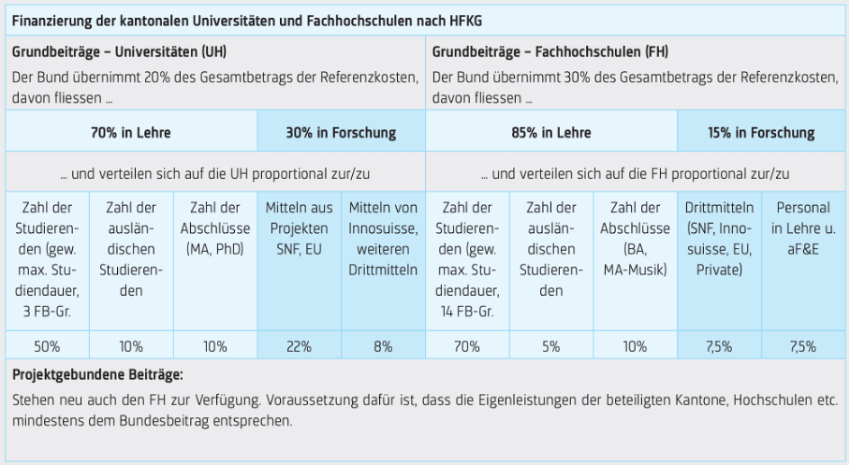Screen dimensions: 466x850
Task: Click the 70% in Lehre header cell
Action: pos(131,133)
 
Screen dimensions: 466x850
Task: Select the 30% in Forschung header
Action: pos(341,133)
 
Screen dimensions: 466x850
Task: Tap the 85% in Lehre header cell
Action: pos(551,133)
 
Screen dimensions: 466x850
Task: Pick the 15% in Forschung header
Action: pos(760,133)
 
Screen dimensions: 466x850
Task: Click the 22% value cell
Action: pos(299,345)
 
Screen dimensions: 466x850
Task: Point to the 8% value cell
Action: pos(383,345)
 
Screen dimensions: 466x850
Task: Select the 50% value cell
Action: pos(47,345)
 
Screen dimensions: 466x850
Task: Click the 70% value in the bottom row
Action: pos(467,345)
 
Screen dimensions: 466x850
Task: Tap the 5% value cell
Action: pos(550,345)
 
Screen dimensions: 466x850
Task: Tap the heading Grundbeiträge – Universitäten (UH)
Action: pos(120,52)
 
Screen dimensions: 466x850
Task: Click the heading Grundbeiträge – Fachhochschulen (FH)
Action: pos(550,52)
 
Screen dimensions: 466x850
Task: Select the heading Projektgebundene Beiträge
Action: pos(97,375)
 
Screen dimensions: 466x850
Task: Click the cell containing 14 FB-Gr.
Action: pos(467,258)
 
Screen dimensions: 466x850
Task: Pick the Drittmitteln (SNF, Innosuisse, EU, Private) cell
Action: pos(718,238)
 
